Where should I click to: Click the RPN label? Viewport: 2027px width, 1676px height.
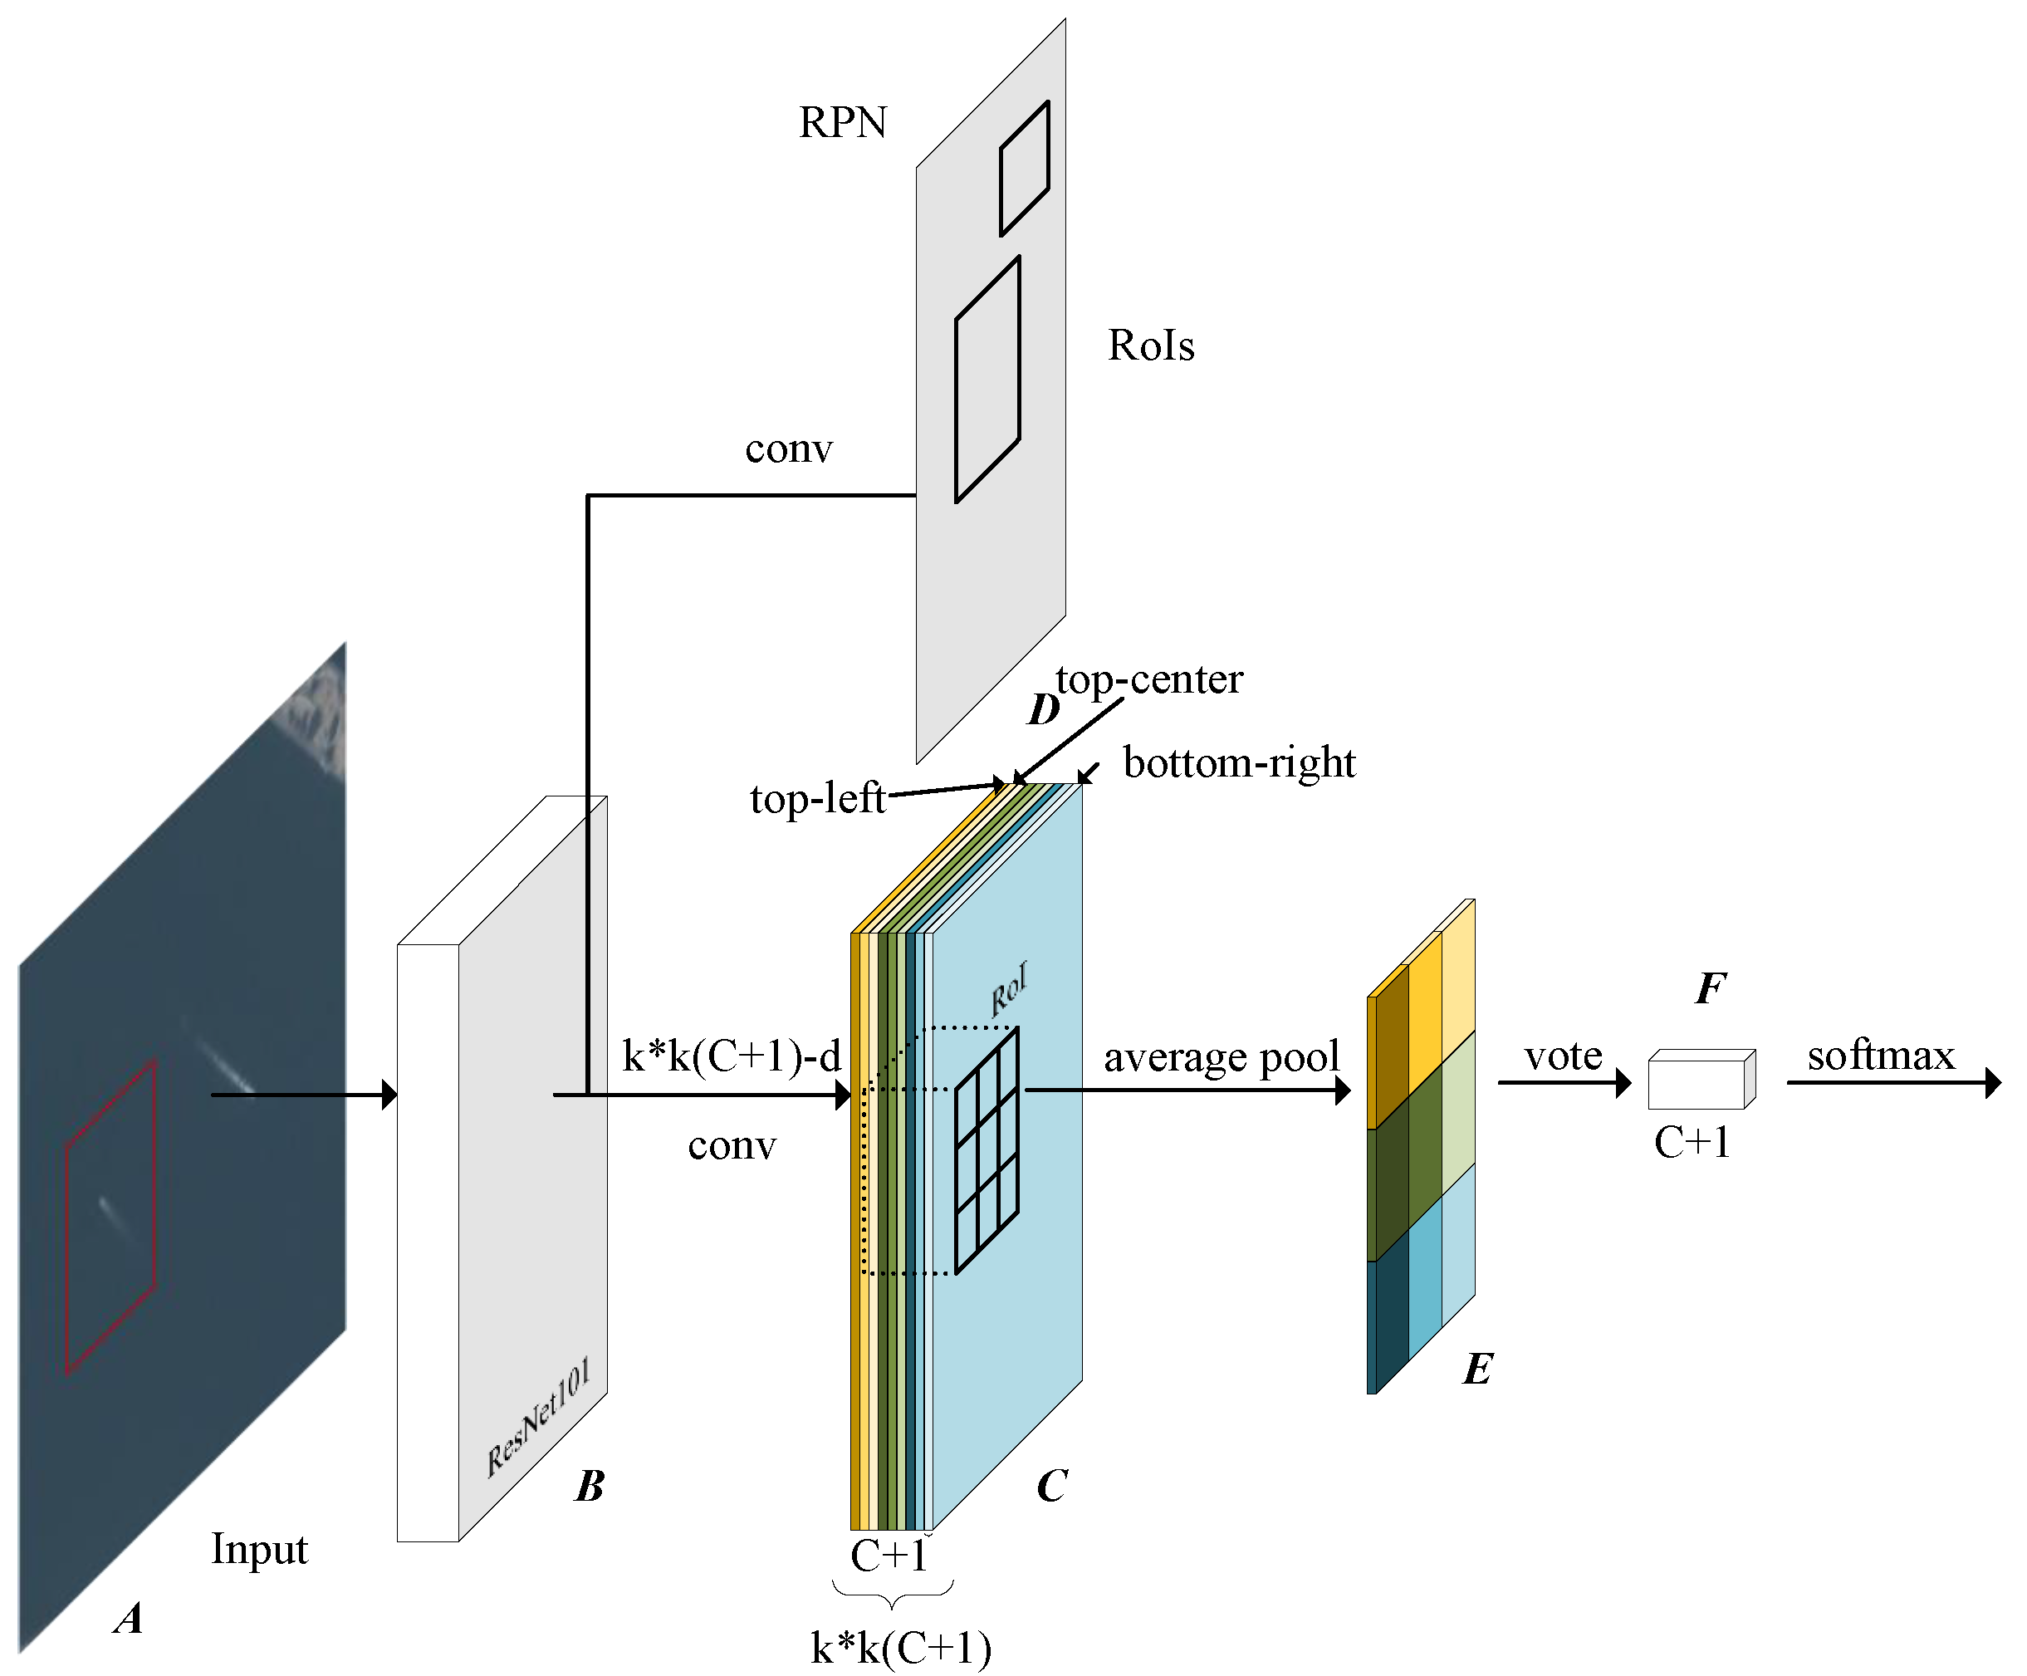(x=842, y=123)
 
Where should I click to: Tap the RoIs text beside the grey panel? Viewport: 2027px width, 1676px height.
(x=1151, y=345)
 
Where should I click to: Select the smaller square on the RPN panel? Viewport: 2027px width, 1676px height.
(x=1024, y=168)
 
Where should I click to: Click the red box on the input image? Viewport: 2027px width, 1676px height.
(x=110, y=1217)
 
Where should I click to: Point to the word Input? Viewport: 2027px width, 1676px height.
(x=259, y=1549)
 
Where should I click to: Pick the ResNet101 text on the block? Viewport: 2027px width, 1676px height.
(x=536, y=1419)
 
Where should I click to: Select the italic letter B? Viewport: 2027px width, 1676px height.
(x=590, y=1487)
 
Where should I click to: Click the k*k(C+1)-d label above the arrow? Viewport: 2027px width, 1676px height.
(x=731, y=1056)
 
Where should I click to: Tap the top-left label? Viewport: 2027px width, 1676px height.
(x=816, y=798)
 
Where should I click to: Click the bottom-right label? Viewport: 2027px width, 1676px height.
(x=1238, y=762)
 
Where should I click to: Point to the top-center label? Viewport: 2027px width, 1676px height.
(x=1148, y=679)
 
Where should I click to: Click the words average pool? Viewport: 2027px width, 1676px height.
(x=1221, y=1057)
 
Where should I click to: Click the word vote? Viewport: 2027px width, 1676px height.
(x=1563, y=1056)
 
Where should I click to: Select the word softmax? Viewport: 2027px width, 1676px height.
(x=1880, y=1056)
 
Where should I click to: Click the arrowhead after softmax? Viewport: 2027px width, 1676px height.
(x=1992, y=1082)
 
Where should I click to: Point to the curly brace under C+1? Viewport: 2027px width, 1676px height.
(x=893, y=1593)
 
